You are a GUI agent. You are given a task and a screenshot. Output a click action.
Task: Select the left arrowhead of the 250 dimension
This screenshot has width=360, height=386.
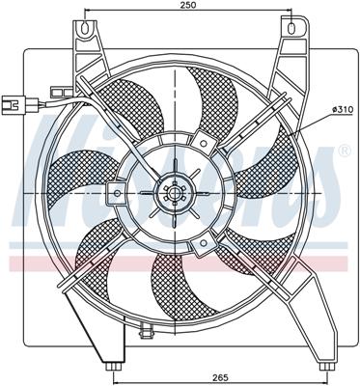tap(89, 15)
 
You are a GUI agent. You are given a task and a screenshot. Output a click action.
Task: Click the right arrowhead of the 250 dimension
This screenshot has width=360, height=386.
tap(291, 15)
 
